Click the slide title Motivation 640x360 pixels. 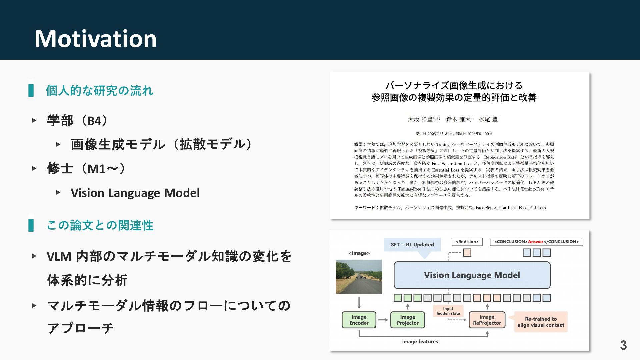coord(96,39)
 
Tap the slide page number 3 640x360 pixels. coord(623,345)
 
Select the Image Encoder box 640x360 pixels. coord(359,320)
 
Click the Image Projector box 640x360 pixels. coord(407,320)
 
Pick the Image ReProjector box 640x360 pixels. coord(487,320)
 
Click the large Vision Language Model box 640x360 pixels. coord(472,275)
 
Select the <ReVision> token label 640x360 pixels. coord(467,242)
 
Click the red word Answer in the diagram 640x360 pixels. coord(536,242)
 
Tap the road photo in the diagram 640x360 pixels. coord(359,277)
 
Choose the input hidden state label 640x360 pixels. coord(448,311)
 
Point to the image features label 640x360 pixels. coord(420,342)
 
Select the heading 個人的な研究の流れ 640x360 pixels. coord(99,91)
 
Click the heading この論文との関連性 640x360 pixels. coord(100,225)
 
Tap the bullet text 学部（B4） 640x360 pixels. coord(78,121)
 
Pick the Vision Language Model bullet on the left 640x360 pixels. coord(135,193)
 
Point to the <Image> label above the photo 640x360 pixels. coord(359,253)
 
